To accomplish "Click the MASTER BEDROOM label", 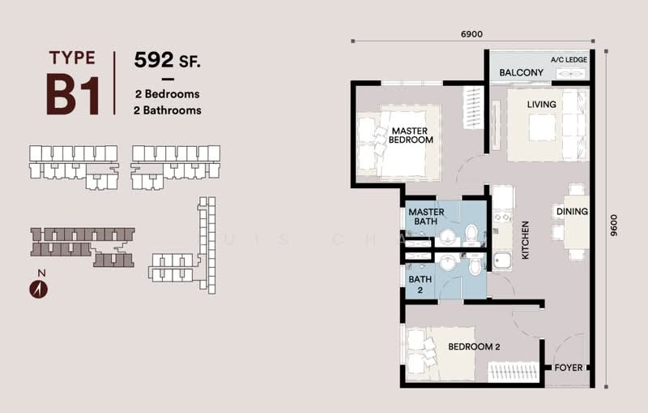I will (x=411, y=135).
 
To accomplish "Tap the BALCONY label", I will (x=521, y=73).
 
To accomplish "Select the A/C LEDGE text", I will (x=569, y=60).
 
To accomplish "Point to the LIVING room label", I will (x=541, y=104).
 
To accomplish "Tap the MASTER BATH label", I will (x=426, y=217).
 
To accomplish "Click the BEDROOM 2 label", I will (x=474, y=347).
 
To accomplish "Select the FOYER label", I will (x=569, y=368).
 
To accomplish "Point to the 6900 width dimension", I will (x=471, y=35).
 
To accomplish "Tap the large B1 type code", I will (x=72, y=94).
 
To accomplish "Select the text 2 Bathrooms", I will (x=168, y=110).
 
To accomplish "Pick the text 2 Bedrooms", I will (x=168, y=95).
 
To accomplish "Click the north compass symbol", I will (x=38, y=288).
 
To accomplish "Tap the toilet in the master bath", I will (x=471, y=233).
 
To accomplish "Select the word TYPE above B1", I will (x=72, y=57).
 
